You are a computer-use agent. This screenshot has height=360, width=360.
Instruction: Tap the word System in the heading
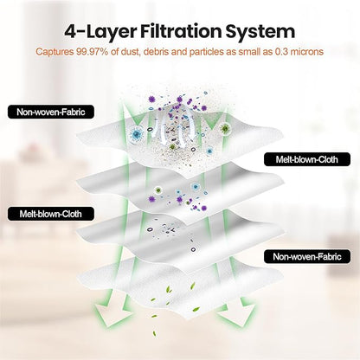click(x=260, y=32)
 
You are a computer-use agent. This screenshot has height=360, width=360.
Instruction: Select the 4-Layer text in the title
click(x=100, y=32)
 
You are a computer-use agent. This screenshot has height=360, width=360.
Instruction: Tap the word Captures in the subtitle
click(x=55, y=52)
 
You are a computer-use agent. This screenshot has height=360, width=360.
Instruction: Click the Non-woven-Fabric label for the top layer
click(x=51, y=112)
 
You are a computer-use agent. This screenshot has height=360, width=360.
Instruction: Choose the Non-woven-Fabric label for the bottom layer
click(x=307, y=256)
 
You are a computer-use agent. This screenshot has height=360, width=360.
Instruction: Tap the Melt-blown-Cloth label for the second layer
click(x=307, y=159)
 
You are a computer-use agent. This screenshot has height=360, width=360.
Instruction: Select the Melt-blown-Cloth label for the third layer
click(x=51, y=214)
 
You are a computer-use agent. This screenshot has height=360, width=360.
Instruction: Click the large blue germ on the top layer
click(x=137, y=133)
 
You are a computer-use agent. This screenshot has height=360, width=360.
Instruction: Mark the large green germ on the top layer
click(x=225, y=128)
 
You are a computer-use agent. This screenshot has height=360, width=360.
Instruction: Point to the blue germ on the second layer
click(x=196, y=186)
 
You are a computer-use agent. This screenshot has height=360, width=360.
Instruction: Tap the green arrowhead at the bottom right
click(x=235, y=314)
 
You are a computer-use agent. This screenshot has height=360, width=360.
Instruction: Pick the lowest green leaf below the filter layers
click(x=155, y=334)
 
